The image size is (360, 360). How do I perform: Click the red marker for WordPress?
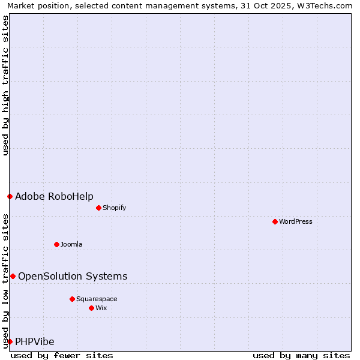[x=275, y=221]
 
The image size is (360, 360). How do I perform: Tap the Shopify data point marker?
[x=98, y=208]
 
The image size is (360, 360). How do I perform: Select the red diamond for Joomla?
[x=56, y=244]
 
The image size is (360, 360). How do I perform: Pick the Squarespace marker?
[x=72, y=299]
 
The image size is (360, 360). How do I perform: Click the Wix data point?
[x=91, y=308]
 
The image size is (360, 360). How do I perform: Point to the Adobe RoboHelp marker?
[x=10, y=196]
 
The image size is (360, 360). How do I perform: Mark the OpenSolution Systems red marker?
[x=13, y=276]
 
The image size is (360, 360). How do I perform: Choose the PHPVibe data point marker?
[x=10, y=341]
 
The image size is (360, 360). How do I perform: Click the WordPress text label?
[x=296, y=221]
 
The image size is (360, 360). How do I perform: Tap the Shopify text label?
[x=114, y=208]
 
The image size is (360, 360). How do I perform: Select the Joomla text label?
[x=71, y=244]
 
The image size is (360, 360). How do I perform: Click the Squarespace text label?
[x=97, y=299]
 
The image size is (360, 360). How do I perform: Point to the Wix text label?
[x=101, y=308]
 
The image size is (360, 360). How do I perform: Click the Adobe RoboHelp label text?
[x=54, y=196]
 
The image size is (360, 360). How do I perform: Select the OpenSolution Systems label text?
[x=73, y=276]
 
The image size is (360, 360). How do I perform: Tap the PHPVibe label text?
[x=35, y=341]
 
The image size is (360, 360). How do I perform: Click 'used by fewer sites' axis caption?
[x=62, y=355]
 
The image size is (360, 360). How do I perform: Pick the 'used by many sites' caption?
[x=301, y=355]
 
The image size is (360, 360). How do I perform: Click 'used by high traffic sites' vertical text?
[x=5, y=85]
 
